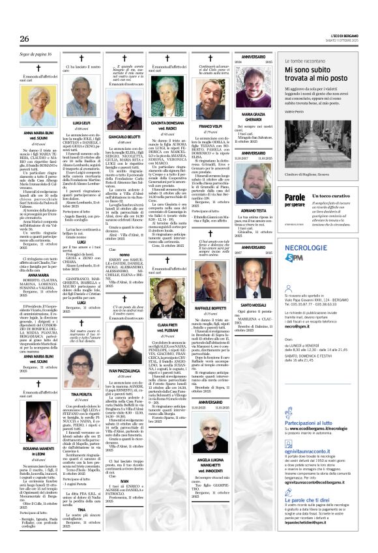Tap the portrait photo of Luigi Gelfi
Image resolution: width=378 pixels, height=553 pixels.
tap(81, 103)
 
